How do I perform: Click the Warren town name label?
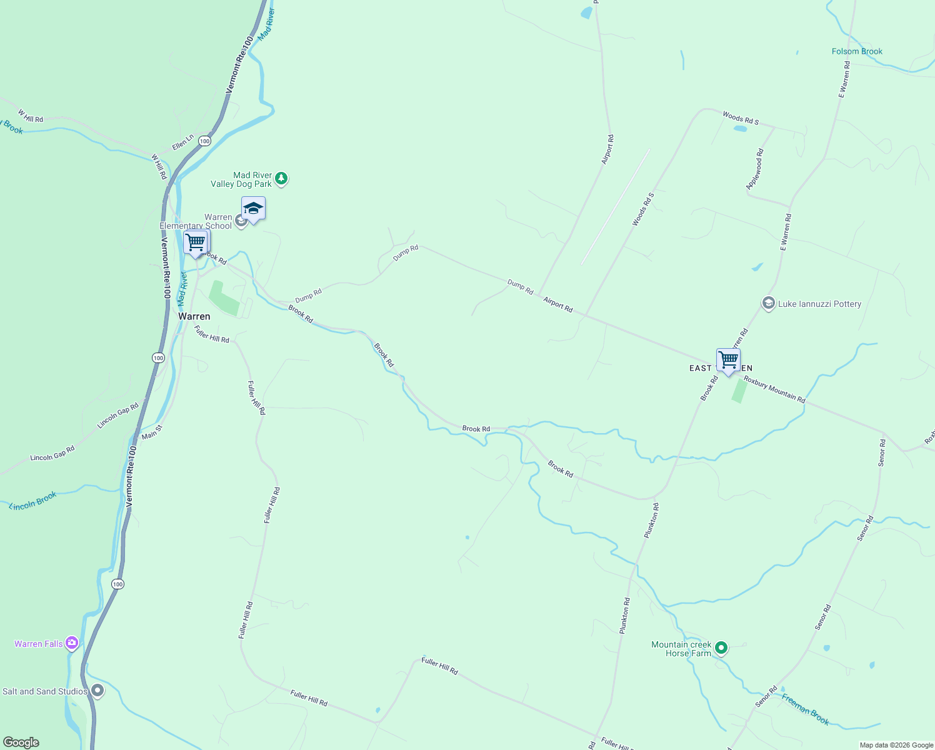tap(194, 316)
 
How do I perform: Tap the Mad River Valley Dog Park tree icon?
tap(281, 179)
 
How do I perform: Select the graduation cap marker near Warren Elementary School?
tap(253, 209)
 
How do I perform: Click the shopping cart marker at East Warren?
tap(728, 361)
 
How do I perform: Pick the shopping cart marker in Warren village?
tap(196, 242)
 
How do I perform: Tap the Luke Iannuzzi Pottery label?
tap(819, 304)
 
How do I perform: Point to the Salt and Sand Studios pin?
tap(97, 691)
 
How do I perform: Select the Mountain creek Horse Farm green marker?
tap(721, 648)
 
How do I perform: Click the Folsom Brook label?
tap(857, 51)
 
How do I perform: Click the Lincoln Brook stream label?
tap(33, 501)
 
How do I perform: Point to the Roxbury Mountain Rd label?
tap(774, 389)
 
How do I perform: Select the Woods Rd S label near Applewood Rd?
tap(741, 118)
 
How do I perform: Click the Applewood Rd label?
tap(754, 169)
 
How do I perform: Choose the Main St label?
tap(152, 432)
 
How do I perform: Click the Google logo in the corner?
tap(21, 742)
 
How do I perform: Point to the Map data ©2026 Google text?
tap(896, 745)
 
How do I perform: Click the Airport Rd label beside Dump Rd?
tap(558, 304)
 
